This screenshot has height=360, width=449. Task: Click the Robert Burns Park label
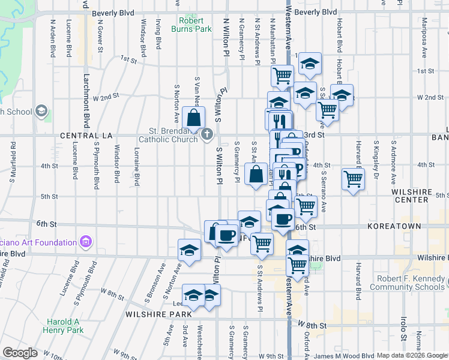pyautogui.click(x=191, y=24)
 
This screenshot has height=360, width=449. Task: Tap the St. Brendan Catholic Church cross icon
pyautogui.click(x=207, y=134)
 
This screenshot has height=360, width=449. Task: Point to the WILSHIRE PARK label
pyautogui.click(x=158, y=314)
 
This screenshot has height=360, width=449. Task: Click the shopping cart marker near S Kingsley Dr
pyautogui.click(x=353, y=178)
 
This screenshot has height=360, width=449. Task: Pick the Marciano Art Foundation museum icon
pyautogui.click(x=85, y=242)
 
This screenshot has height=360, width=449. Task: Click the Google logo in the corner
pyautogui.click(x=20, y=352)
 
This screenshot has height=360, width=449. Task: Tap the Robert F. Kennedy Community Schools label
pyautogui.click(x=412, y=283)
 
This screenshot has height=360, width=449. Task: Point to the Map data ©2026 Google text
pyautogui.click(x=412, y=355)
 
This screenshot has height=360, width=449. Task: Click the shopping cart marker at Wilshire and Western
pyautogui.click(x=298, y=265)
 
